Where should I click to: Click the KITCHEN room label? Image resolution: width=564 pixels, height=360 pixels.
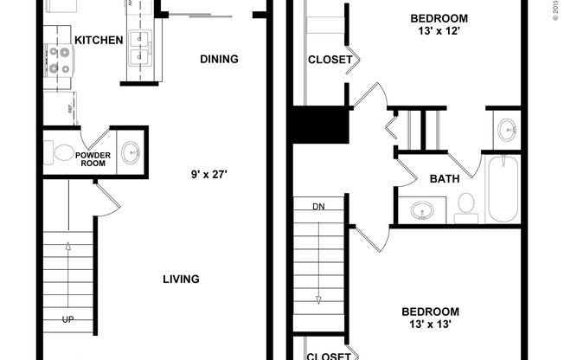(x=99, y=40)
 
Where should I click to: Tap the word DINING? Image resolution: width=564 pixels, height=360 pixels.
(x=219, y=59)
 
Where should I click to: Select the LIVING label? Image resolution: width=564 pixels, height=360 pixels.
(x=182, y=279)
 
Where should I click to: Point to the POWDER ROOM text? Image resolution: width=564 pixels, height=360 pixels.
(x=93, y=159)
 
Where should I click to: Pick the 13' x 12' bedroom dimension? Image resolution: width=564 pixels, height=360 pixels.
(x=439, y=32)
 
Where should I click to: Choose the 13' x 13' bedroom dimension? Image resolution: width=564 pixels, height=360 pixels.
(x=430, y=325)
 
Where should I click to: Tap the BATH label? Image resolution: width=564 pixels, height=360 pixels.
(x=444, y=179)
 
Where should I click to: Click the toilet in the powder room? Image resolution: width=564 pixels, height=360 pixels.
(x=63, y=153)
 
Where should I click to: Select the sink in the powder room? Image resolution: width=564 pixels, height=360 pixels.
(x=131, y=153)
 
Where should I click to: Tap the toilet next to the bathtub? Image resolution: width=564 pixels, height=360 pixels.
(x=465, y=205)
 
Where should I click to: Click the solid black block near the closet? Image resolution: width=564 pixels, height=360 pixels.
(x=319, y=125)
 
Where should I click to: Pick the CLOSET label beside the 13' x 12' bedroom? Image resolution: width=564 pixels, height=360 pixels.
(x=330, y=60)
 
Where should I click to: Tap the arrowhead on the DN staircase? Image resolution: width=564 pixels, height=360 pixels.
(x=318, y=299)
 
